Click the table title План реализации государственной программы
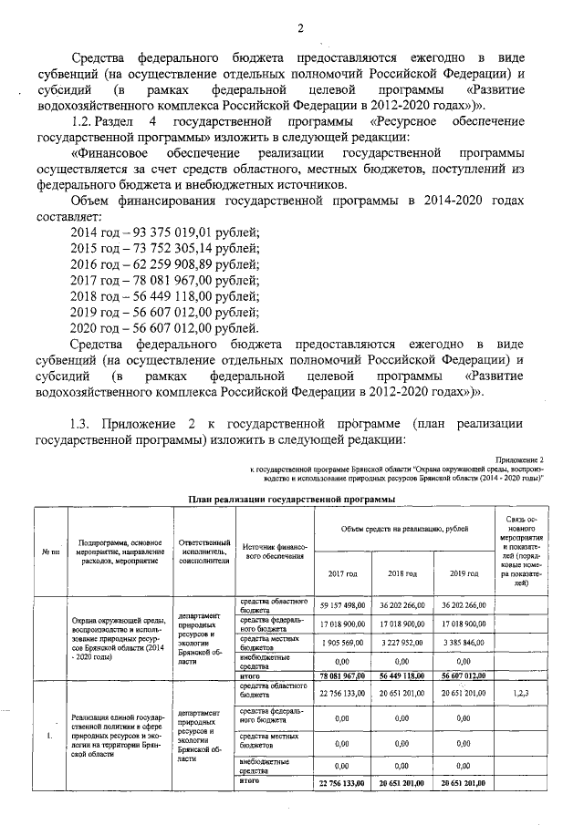tap(291, 499)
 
